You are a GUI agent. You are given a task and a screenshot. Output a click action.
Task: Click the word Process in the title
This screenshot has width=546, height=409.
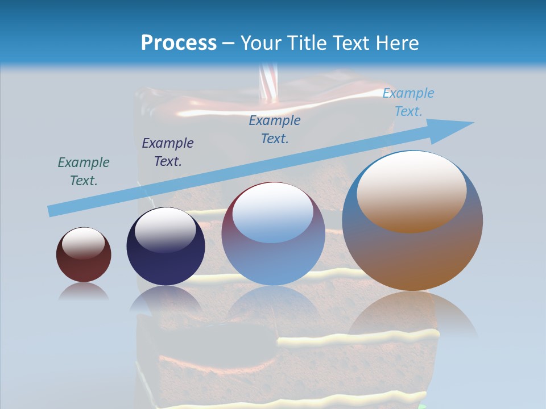[x=179, y=43]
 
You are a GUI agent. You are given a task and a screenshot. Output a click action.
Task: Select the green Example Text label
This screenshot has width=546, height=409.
[x=84, y=171]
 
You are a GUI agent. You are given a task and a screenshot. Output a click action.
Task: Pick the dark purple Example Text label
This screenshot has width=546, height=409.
[x=168, y=152]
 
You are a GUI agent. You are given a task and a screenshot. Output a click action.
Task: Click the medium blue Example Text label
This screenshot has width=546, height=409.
[x=275, y=129]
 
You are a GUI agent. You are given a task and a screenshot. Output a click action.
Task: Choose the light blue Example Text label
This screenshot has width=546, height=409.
[x=408, y=102]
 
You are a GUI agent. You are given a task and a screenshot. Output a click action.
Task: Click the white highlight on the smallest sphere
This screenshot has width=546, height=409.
[x=84, y=243]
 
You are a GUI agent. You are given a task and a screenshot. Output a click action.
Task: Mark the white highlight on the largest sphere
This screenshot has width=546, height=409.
[x=412, y=190]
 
